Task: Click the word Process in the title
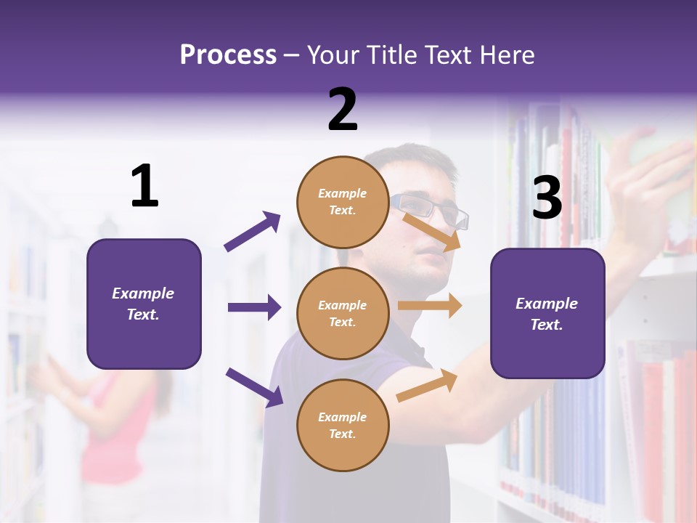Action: click(228, 55)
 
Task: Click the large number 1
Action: click(144, 186)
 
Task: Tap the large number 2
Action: click(343, 110)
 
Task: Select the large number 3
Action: click(547, 198)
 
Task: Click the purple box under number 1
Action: click(144, 304)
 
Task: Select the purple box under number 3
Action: click(547, 313)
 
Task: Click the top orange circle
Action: click(343, 202)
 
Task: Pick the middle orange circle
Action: click(343, 313)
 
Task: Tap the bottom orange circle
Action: click(343, 425)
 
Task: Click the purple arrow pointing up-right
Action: click(253, 232)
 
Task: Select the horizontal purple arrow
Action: click(254, 307)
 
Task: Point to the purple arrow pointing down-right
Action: click(254, 387)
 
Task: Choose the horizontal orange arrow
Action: click(430, 306)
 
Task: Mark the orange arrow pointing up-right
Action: click(428, 386)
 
